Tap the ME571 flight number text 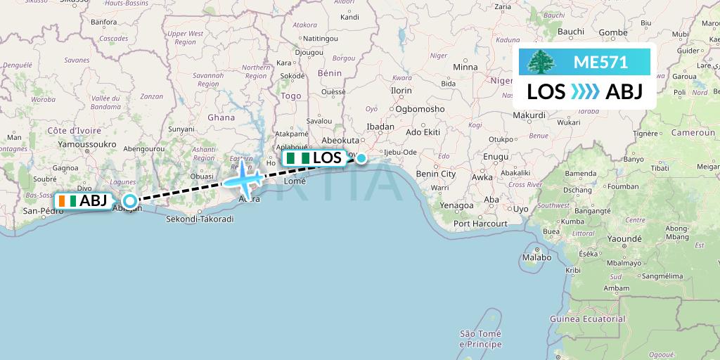600,62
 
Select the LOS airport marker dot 361,158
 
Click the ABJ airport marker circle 129,201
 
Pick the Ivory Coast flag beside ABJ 68,201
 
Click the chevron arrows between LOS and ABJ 585,92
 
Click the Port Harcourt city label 480,224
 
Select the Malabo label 536,257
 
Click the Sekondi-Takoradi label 200,219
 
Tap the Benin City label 436,174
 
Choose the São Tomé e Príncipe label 480,339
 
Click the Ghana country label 221,117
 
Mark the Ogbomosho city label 420,109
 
